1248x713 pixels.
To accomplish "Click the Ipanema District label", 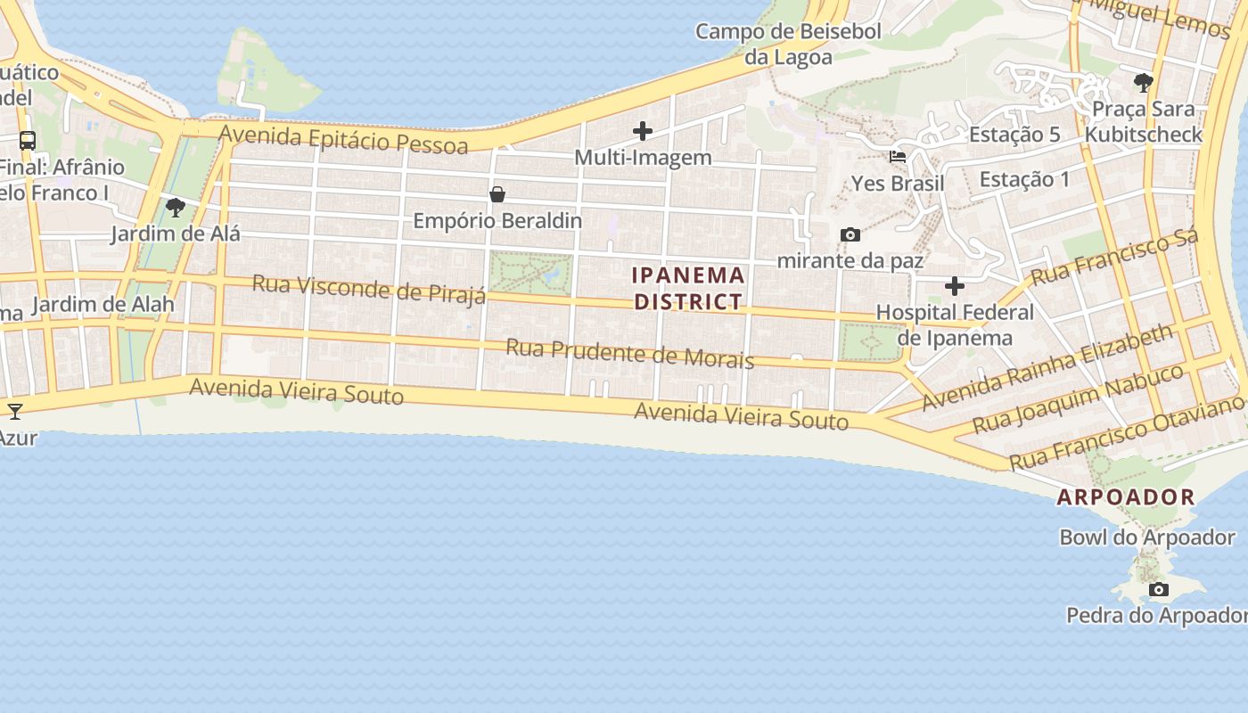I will [687, 288].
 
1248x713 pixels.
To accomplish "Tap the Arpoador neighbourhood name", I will [1125, 497].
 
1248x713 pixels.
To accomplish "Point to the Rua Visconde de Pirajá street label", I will [369, 289].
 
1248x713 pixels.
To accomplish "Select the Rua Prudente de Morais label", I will [630, 353].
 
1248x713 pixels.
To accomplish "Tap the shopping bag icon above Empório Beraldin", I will [497, 194].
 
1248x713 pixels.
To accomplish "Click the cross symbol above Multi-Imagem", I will [642, 132].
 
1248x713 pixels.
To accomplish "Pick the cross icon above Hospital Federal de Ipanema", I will [954, 286].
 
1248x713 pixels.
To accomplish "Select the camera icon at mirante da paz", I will [850, 235].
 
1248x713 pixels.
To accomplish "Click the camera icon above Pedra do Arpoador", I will [1158, 589].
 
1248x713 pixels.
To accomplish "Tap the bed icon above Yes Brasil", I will [898, 157].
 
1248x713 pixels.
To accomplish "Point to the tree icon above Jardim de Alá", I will [176, 208].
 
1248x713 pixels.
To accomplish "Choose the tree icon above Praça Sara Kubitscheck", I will [1143, 83].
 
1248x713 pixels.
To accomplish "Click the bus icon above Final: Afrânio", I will [28, 141].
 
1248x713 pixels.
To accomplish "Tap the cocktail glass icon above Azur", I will [15, 411].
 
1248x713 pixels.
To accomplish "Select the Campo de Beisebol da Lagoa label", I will [788, 45].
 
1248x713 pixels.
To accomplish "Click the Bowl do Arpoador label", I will [1146, 537].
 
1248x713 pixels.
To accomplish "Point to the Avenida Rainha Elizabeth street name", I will [1047, 366].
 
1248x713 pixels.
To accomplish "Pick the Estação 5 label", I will [1014, 135].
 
